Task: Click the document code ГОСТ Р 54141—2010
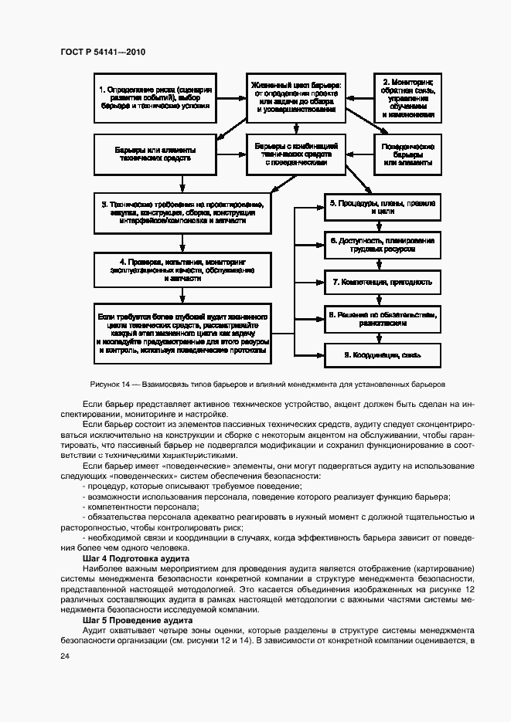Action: [102, 53]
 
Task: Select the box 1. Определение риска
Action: [155, 96]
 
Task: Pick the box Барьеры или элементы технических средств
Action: [155, 152]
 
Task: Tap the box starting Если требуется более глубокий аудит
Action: [182, 332]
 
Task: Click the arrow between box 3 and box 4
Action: [182, 242]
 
